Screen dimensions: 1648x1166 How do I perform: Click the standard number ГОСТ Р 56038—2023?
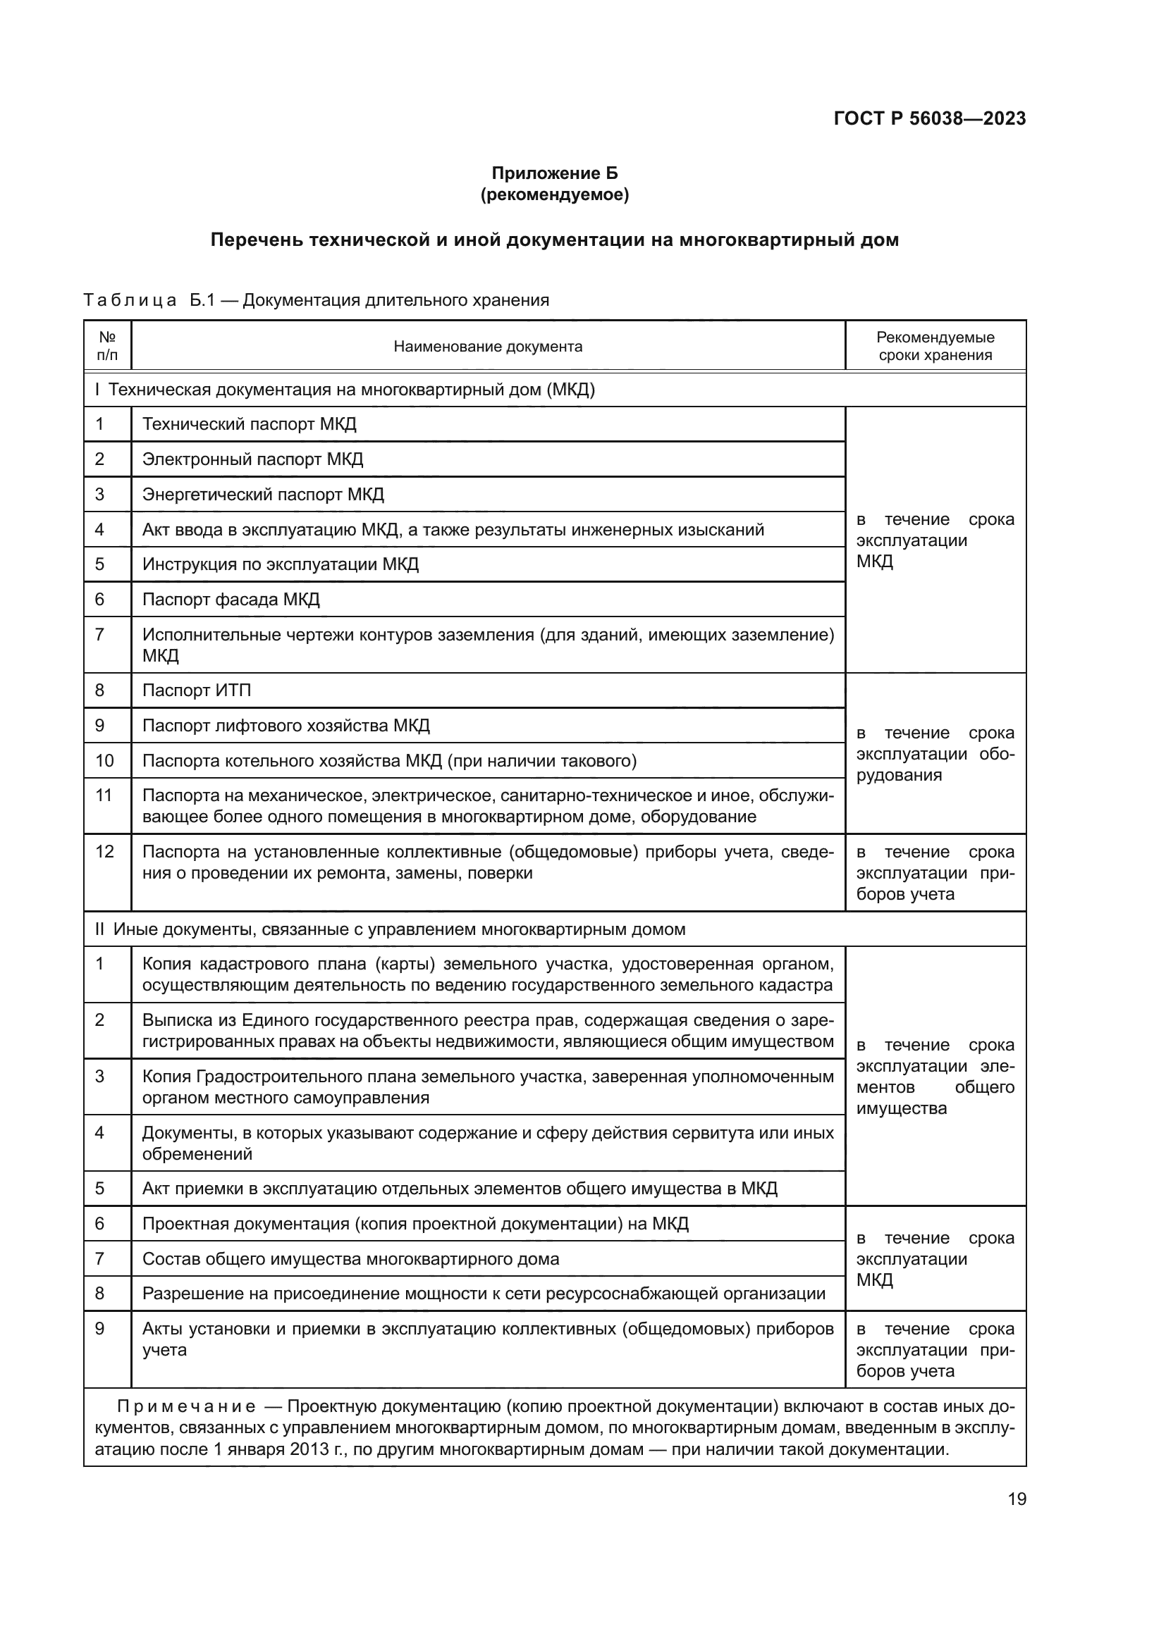[x=929, y=118]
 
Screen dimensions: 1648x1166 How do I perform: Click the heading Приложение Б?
[x=554, y=173]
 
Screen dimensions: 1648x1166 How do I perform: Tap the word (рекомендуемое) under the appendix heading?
[x=554, y=194]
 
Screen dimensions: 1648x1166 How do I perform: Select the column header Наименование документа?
[x=488, y=347]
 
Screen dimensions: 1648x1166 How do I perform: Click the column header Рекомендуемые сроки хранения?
[x=935, y=346]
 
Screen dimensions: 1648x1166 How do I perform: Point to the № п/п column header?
[x=107, y=346]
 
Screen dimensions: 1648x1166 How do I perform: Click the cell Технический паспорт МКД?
[x=249, y=424]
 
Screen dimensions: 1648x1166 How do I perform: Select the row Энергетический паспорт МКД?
[x=263, y=495]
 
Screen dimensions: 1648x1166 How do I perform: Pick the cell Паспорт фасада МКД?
[x=231, y=600]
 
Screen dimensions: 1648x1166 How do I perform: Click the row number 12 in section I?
[x=105, y=852]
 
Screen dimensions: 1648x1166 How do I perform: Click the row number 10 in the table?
[x=105, y=761]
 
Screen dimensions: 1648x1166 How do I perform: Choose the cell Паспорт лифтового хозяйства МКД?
[x=286, y=726]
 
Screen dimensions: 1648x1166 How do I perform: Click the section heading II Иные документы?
[x=390, y=929]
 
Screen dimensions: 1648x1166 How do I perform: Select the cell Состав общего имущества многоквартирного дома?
[x=350, y=1259]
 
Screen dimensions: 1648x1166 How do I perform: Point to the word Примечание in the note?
[x=186, y=1407]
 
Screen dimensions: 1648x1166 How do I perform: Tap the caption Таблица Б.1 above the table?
[x=149, y=300]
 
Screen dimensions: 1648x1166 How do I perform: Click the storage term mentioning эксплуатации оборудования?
[x=935, y=754]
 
